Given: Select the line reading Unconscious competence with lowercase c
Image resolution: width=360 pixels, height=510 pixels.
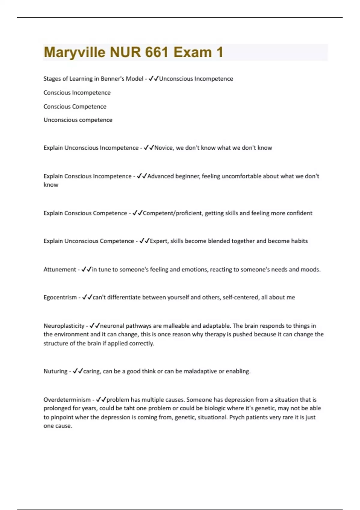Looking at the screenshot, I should click(x=78, y=120).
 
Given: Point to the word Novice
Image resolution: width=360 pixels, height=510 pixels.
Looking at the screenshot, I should click(x=163, y=148).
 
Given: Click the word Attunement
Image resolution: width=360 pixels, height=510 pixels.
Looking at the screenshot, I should click(x=60, y=270).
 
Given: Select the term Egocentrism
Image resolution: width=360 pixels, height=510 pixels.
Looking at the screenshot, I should click(x=60, y=298).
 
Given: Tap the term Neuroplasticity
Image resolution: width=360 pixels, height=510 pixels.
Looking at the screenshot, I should click(x=64, y=326).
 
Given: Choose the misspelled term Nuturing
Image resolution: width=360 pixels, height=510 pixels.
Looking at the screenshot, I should click(x=55, y=371).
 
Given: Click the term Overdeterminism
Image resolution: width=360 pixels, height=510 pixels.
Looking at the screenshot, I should click(x=67, y=400).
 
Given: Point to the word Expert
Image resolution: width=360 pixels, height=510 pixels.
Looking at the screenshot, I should click(x=159, y=241).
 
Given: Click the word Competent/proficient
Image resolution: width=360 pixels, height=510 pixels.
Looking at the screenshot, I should click(x=173, y=213).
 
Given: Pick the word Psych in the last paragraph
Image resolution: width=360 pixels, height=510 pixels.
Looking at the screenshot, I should click(x=237, y=417).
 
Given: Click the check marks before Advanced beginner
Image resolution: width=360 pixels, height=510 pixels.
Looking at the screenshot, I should click(x=142, y=176).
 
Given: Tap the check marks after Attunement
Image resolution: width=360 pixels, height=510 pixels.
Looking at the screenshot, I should click(x=86, y=270).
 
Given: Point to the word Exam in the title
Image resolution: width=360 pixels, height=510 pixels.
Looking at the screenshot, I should click(x=192, y=52).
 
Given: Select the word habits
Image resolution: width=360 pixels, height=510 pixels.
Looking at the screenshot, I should click(x=299, y=241).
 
